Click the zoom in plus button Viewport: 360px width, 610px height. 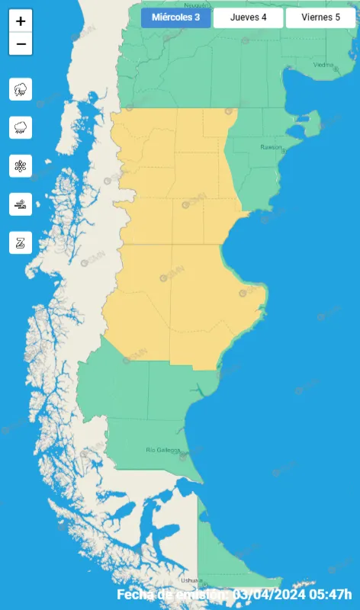(x=21, y=21)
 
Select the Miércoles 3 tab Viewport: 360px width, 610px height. (x=175, y=18)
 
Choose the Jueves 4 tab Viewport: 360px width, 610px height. (x=248, y=18)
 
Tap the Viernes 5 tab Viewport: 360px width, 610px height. (x=321, y=18)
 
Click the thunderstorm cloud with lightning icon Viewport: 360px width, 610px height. (x=21, y=89)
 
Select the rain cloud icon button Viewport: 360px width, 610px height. (x=21, y=127)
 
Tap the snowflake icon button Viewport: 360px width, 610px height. (x=21, y=165)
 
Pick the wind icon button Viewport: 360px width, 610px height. (x=21, y=204)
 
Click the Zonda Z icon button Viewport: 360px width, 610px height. (x=21, y=242)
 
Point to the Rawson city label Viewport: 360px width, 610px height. (x=270, y=146)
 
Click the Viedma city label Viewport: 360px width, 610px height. (x=323, y=65)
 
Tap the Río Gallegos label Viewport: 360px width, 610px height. (x=162, y=450)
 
